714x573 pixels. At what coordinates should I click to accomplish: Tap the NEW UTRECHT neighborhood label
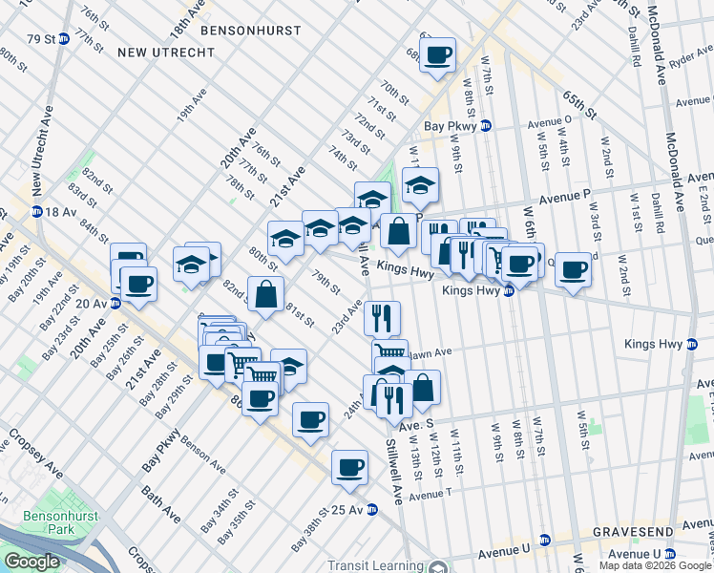[166, 52]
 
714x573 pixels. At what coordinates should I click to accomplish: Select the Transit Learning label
[374, 564]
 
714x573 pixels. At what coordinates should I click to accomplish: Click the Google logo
[31, 562]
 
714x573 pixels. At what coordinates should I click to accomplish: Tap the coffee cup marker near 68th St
[437, 54]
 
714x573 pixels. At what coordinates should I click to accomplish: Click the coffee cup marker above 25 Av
[349, 467]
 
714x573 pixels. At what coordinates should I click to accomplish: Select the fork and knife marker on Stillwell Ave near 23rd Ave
[383, 317]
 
